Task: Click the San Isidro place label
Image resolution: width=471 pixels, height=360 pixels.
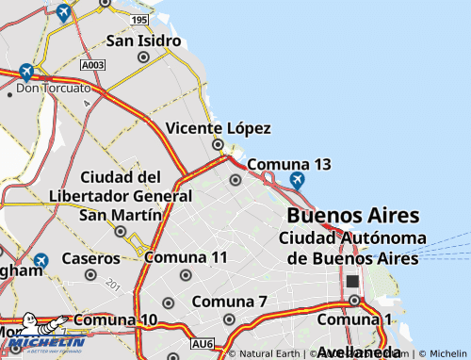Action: [143, 41]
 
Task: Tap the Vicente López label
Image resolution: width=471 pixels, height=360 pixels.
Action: [218, 128]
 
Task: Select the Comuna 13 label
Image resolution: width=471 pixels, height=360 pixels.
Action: [289, 164]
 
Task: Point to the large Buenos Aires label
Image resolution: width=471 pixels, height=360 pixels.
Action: [339, 214]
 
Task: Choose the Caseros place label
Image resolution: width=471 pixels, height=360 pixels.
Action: [90, 257]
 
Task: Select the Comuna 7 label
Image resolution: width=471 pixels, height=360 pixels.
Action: [230, 302]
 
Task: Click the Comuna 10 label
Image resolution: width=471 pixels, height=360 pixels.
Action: [115, 319]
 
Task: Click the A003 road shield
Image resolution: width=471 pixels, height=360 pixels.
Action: [92, 66]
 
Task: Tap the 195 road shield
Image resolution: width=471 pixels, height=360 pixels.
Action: [139, 20]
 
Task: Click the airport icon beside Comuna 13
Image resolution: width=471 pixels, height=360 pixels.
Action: [298, 179]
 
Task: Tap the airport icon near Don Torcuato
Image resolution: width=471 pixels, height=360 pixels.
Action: [25, 72]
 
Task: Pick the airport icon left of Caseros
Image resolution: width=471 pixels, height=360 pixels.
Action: [41, 260]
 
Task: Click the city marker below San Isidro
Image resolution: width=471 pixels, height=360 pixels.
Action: [143, 57]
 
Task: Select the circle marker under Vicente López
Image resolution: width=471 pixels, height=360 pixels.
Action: [218, 144]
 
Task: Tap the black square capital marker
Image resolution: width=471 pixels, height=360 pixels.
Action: [353, 281]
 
